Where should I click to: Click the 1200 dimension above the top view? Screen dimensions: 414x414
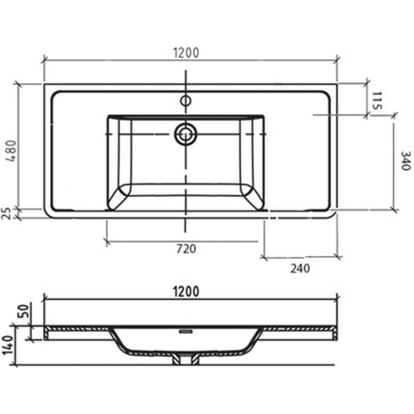point(186,53)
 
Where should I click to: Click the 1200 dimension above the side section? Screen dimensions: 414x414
point(186,292)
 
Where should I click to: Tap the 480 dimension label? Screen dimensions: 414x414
point(11,151)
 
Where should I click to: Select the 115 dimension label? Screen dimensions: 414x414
point(377,100)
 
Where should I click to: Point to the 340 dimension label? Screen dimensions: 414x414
point(406,161)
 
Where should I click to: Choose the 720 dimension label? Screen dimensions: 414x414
point(186,249)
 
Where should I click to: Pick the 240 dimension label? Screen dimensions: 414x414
point(300,269)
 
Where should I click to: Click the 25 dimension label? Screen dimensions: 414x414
point(6,214)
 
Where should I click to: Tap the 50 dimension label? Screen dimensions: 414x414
point(24,312)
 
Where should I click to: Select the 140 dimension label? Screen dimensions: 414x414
point(7,346)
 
